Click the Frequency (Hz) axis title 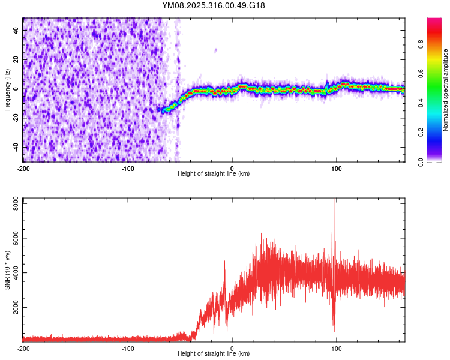pos(7,89)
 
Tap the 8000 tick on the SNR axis pos(13,204)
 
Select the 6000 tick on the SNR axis pos(13,238)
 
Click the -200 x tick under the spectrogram pos(23,168)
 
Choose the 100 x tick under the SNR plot pos(337,349)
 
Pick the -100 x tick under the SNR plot pos(127,349)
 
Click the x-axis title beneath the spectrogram pos(214,174)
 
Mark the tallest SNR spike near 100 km pos(335,201)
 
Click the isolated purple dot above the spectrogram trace pos(216,50)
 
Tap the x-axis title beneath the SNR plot pos(214,355)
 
